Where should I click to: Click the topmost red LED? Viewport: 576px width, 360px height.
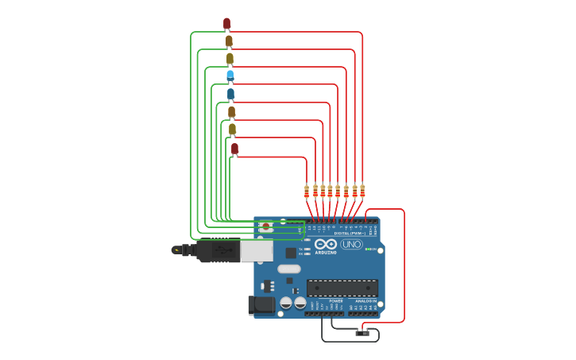click(226, 23)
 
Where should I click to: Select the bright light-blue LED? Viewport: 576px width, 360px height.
click(230, 75)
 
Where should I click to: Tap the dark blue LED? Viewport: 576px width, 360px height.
click(231, 94)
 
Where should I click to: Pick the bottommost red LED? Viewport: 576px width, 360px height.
click(234, 149)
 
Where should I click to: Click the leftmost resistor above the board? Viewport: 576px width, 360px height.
click(307, 191)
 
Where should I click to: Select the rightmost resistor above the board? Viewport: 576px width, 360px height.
click(362, 190)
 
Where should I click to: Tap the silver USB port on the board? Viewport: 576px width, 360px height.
click(257, 251)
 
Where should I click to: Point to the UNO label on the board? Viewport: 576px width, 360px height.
click(351, 244)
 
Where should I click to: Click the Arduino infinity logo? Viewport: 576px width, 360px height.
click(326, 244)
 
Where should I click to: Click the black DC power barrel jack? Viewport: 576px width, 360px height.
click(261, 305)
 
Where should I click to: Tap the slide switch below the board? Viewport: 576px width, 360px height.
click(362, 333)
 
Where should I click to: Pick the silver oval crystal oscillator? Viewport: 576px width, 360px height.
click(288, 269)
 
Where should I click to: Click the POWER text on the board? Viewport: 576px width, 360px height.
click(336, 301)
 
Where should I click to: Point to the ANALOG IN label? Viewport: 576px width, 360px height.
click(365, 301)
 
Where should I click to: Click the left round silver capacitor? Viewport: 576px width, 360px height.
click(286, 303)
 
